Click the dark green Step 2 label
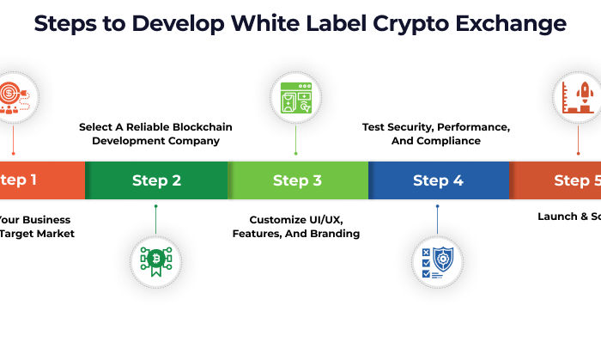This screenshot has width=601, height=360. coord(156,180)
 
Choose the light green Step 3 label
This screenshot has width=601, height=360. coord(297,180)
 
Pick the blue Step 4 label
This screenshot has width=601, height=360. coord(438,180)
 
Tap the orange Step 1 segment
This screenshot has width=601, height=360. coord(34,180)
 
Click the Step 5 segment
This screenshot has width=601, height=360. coord(567,180)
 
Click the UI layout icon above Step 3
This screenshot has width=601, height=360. coord(296,96)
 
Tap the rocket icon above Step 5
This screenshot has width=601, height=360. coord(579,96)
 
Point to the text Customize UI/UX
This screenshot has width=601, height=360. coord(296,219)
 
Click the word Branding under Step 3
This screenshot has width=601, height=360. coord(335,233)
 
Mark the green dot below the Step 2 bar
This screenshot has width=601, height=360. coord(155,206)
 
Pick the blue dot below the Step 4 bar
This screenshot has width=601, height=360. coord(437,206)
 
